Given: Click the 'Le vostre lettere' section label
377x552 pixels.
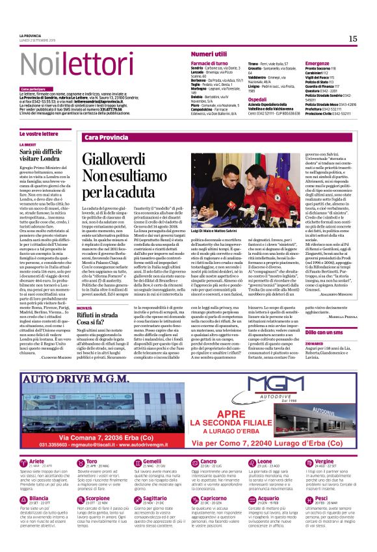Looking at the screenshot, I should point(40,133).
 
